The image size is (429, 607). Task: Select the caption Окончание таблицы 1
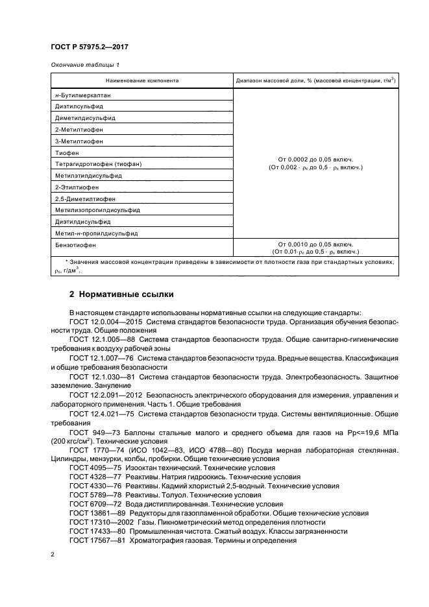click(85, 65)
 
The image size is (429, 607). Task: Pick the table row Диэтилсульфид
click(79, 106)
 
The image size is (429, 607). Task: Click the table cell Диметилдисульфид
click(85, 117)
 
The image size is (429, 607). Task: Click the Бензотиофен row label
click(76, 245)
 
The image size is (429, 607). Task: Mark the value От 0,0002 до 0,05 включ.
click(315, 158)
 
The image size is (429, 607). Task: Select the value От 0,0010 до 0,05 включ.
click(315, 244)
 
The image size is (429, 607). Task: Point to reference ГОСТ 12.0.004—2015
click(101, 320)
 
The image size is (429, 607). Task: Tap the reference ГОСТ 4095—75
click(92, 467)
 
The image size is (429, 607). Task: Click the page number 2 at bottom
click(53, 555)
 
